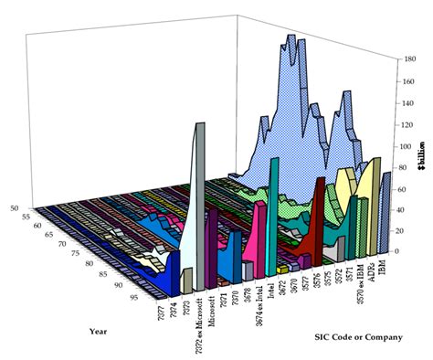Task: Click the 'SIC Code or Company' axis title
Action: (x=358, y=336)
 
